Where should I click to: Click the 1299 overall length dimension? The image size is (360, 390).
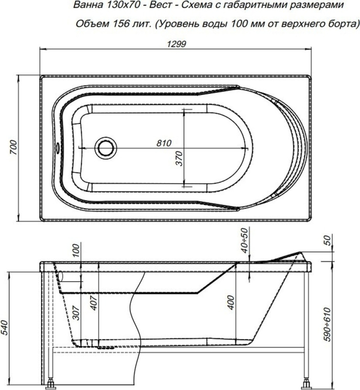pos(176,44)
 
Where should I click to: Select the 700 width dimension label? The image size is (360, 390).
pos(14,147)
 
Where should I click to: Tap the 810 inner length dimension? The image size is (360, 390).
pos(164,143)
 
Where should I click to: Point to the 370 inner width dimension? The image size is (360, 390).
pos(178,158)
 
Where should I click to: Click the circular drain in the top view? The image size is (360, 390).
pos(106,148)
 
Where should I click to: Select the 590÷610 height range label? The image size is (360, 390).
pos(327,325)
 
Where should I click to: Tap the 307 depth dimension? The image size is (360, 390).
pos(77,313)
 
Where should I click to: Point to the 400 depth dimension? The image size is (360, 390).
pos(231,302)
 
